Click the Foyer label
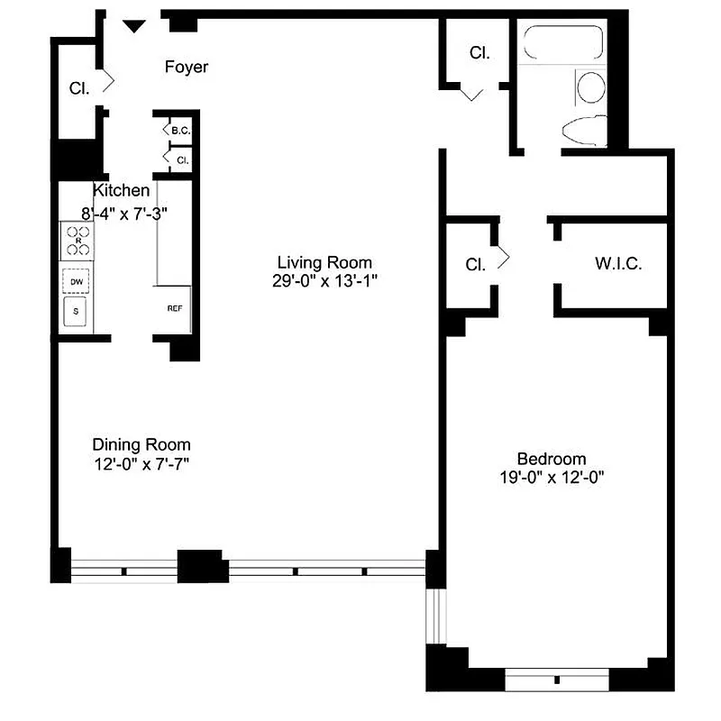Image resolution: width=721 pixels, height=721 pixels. click(187, 67)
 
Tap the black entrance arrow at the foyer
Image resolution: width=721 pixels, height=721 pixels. click(133, 26)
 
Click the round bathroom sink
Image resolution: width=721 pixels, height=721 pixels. click(591, 88)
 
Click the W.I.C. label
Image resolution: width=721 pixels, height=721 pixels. click(617, 265)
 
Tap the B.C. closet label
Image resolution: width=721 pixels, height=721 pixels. click(180, 132)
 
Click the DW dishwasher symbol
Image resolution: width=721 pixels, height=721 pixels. click(76, 282)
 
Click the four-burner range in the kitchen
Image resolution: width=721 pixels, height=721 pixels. click(77, 242)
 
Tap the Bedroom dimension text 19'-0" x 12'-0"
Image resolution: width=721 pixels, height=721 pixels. click(551, 479)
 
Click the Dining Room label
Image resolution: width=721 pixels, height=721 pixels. click(141, 444)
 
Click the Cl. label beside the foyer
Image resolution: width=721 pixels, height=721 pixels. click(79, 89)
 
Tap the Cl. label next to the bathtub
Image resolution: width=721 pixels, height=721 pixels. click(479, 53)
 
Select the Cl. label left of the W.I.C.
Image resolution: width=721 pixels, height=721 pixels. click(475, 265)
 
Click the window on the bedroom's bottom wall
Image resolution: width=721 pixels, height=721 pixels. click(557, 678)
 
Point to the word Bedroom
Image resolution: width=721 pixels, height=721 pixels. click(551, 458)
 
